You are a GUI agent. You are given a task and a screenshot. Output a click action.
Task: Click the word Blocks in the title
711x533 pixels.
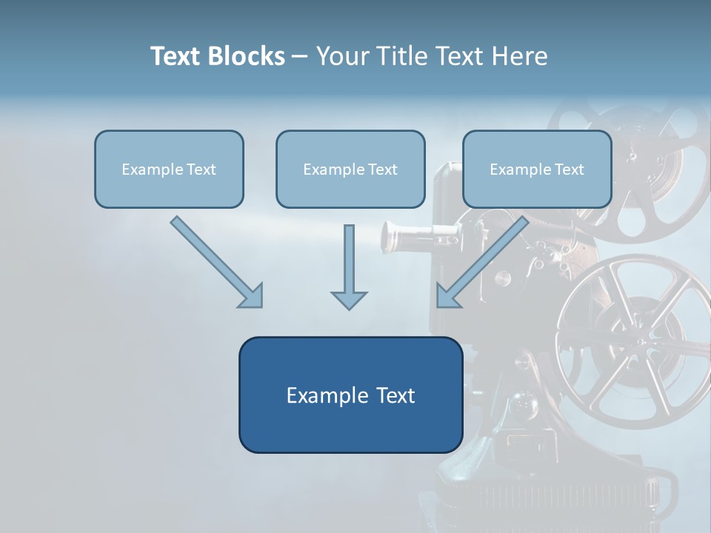(x=246, y=56)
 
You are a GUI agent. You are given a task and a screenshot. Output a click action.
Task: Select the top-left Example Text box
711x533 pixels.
(x=169, y=169)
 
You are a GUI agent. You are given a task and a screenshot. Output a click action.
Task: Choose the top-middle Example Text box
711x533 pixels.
(x=350, y=169)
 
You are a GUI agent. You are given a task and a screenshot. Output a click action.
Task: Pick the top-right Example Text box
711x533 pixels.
(x=537, y=169)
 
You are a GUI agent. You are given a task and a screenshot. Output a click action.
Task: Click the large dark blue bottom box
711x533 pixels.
(x=350, y=395)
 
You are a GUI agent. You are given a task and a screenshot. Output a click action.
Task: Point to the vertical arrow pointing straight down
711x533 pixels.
(x=349, y=263)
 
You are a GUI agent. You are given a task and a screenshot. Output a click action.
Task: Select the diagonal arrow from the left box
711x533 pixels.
(x=215, y=260)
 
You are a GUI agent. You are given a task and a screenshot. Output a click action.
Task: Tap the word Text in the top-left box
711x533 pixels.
(x=201, y=169)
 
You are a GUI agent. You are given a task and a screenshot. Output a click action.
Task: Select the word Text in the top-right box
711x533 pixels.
(x=570, y=169)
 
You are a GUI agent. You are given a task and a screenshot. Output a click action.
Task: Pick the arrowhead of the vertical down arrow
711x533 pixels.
(x=349, y=299)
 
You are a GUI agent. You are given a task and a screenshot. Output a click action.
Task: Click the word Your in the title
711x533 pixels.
(x=343, y=56)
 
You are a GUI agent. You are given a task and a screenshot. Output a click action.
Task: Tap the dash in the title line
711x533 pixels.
(x=300, y=57)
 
